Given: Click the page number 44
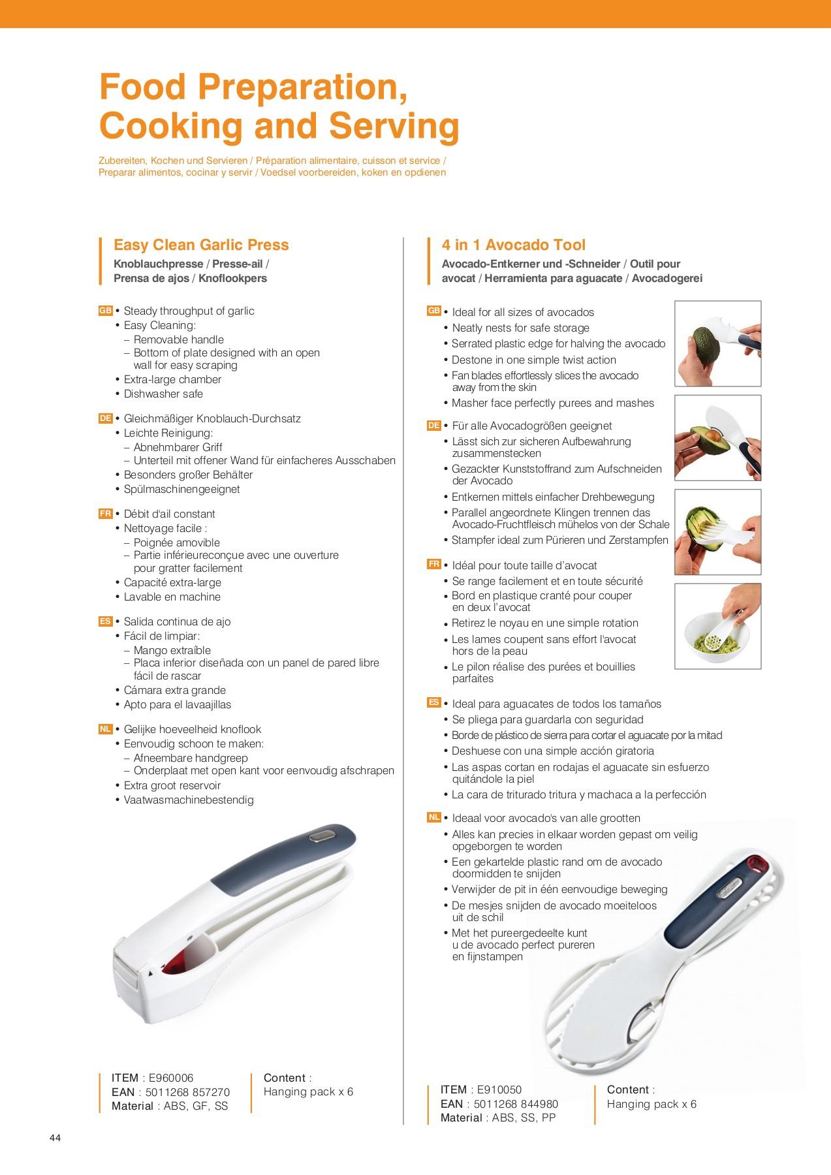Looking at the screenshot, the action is pyautogui.click(x=55, y=1138).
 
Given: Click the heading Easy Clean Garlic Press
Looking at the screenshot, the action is pyautogui.click(x=201, y=245).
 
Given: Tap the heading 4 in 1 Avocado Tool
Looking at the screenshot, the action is pyautogui.click(x=513, y=245).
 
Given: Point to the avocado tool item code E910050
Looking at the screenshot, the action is pyautogui.click(x=499, y=1089).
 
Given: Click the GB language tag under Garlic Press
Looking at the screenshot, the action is pyautogui.click(x=105, y=311).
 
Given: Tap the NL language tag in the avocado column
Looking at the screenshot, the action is pyautogui.click(x=434, y=817).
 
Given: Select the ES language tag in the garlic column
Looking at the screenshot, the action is pyautogui.click(x=105, y=621).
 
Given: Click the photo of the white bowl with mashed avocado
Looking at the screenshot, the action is pyautogui.click(x=718, y=626).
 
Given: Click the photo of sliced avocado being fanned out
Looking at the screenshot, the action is pyautogui.click(x=718, y=532).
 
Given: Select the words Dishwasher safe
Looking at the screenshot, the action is pyautogui.click(x=163, y=394).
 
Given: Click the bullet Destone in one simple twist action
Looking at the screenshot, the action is pyautogui.click(x=534, y=360).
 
